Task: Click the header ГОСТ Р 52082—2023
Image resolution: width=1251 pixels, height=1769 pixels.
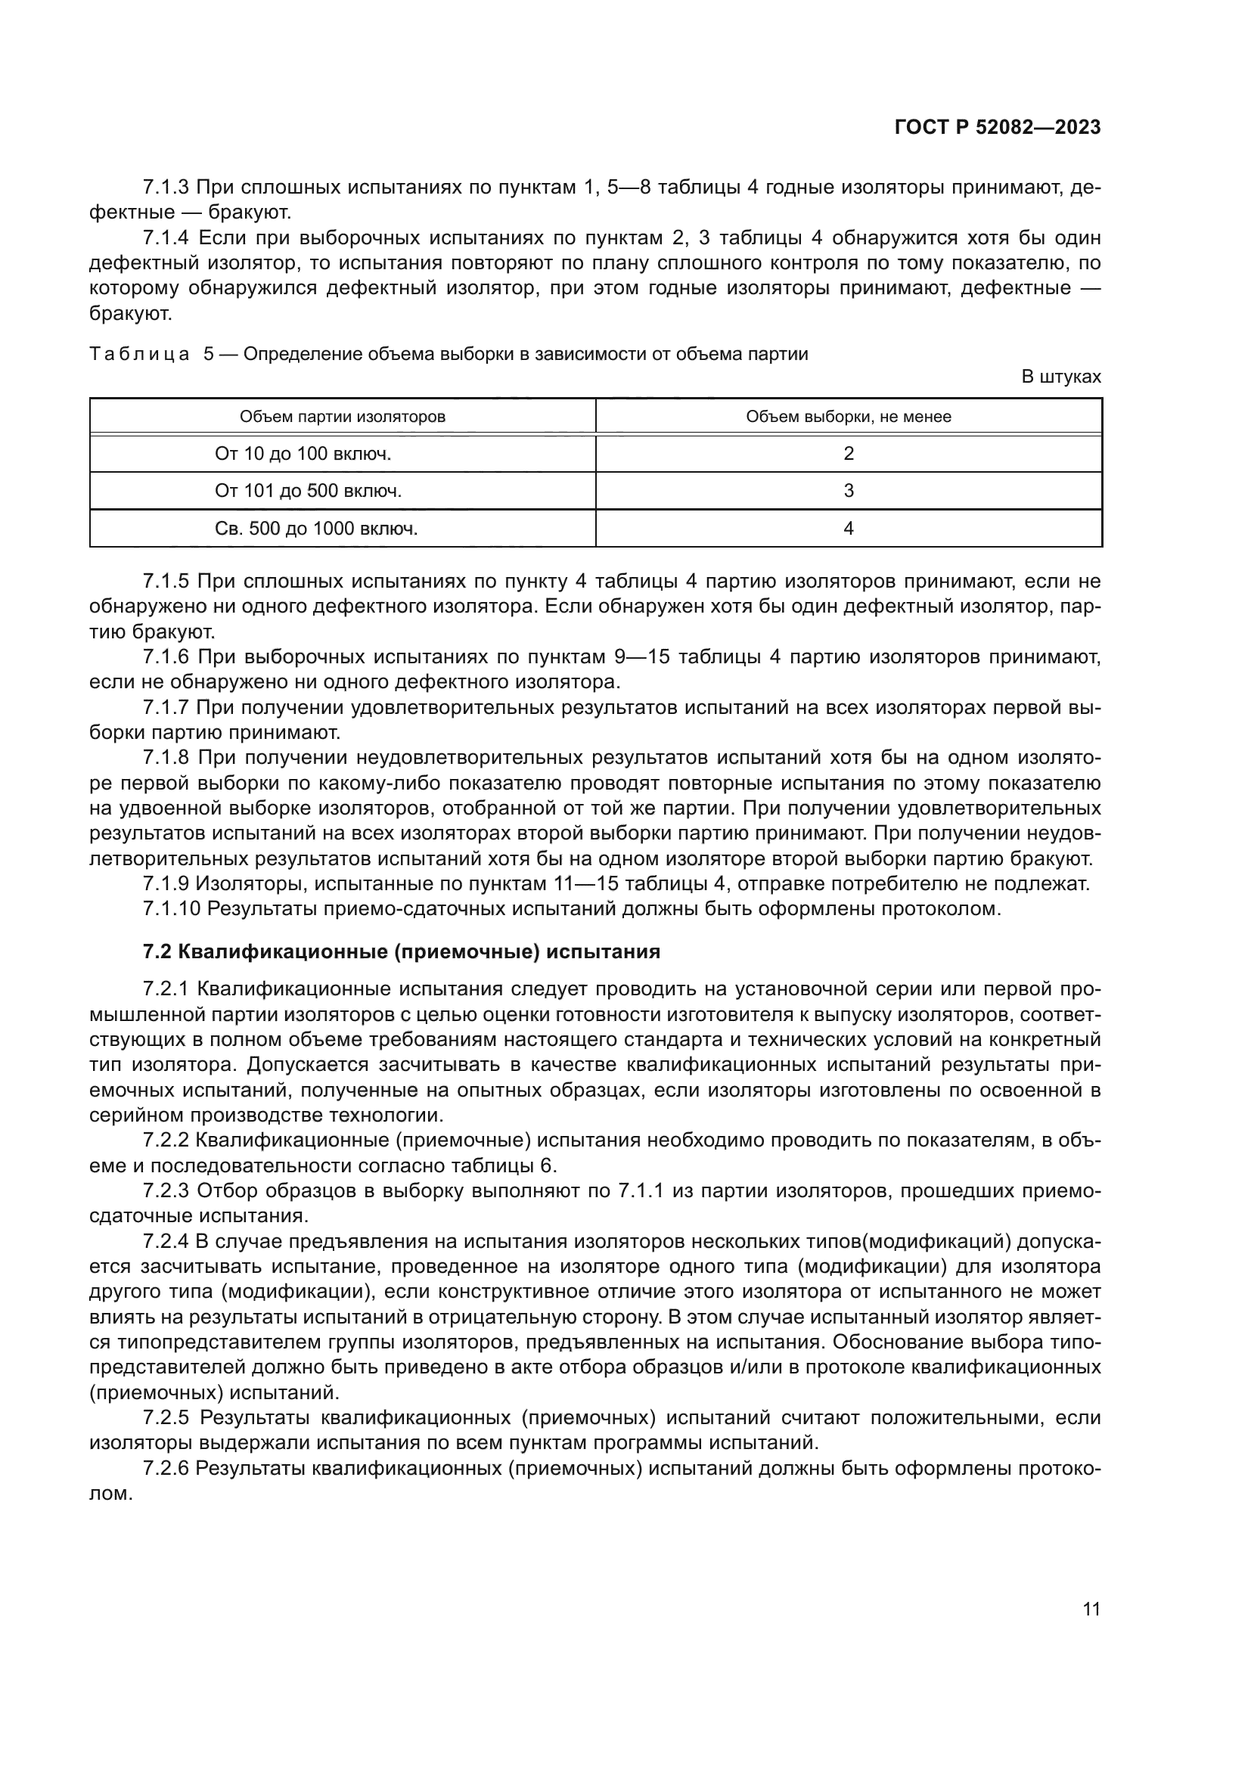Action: coord(997,128)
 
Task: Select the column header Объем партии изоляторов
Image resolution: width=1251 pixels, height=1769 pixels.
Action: coord(342,417)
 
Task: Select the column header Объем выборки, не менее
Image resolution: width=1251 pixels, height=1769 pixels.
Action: coord(848,417)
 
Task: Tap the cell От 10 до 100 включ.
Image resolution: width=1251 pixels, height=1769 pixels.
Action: coord(303,454)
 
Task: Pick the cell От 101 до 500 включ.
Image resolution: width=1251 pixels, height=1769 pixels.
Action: coord(308,491)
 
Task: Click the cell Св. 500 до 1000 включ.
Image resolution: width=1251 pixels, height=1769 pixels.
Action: coord(316,529)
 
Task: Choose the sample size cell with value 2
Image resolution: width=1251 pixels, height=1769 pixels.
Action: coord(848,454)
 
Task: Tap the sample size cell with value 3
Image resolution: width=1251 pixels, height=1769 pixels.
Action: coord(848,491)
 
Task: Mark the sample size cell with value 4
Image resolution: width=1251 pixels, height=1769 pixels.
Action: coord(848,529)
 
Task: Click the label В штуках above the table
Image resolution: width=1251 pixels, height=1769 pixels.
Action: coord(1060,377)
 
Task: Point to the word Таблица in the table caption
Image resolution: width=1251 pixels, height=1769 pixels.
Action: coord(139,355)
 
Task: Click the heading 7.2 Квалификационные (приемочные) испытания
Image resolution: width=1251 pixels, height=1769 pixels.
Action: coord(402,951)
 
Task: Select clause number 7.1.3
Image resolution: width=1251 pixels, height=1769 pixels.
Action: coord(166,188)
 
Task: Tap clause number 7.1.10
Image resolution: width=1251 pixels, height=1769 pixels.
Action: coord(171,908)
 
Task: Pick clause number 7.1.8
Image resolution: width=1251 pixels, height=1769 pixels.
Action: coord(166,758)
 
